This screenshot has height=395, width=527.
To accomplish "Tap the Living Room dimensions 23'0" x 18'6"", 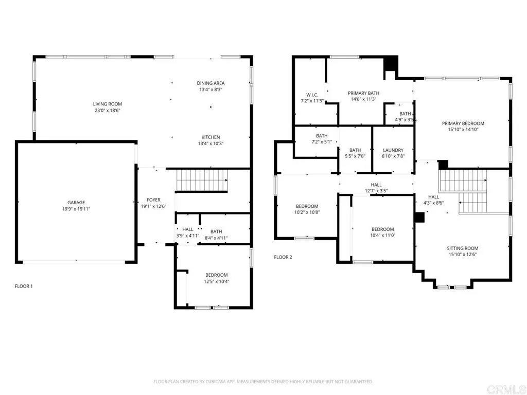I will click(x=108, y=111).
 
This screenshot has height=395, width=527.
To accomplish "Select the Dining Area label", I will click(x=210, y=83).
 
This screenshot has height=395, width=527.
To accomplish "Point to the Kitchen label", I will click(x=210, y=137).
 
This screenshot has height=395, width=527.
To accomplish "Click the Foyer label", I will click(x=153, y=200).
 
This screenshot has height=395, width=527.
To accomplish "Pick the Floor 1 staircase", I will click(x=202, y=181).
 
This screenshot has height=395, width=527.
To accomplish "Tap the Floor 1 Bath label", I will click(x=216, y=231).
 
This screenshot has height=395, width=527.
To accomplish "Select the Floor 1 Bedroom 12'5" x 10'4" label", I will click(x=216, y=275).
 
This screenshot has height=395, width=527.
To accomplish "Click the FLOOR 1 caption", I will click(x=24, y=286).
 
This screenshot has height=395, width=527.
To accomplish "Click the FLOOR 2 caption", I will click(x=283, y=257).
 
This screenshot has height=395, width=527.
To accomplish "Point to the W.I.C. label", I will click(x=312, y=95).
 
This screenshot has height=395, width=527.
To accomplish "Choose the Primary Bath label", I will click(x=363, y=93).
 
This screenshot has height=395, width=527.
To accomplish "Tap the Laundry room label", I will click(x=393, y=150).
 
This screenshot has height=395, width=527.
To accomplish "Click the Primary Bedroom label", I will click(x=463, y=123).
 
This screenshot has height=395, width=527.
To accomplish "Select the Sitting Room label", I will click(x=463, y=248).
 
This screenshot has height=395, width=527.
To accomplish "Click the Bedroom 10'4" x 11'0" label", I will click(x=382, y=229).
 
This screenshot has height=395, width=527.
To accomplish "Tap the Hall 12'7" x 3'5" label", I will click(x=376, y=185).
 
